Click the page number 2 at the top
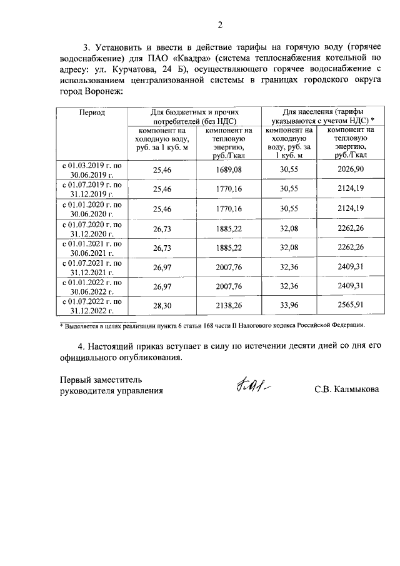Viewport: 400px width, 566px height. (219, 25)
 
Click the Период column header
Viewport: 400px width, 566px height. (92, 113)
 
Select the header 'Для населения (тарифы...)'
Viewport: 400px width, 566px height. (319, 116)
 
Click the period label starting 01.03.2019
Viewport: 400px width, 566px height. (92, 169)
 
